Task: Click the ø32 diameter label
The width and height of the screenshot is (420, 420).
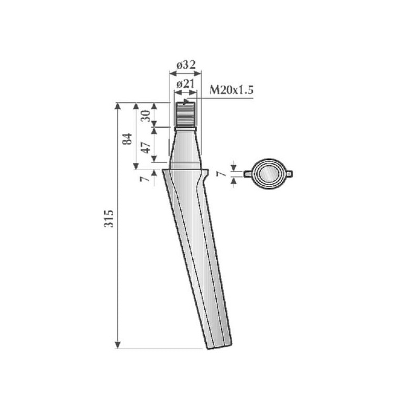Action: (186, 65)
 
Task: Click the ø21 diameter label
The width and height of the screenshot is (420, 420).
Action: (185, 85)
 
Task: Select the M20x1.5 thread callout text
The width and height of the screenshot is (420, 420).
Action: (231, 90)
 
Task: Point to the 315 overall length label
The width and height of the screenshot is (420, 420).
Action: (109, 218)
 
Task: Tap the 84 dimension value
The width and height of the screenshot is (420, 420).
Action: (128, 139)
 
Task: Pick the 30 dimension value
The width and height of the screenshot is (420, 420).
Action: (146, 116)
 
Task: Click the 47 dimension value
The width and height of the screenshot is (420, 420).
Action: (146, 148)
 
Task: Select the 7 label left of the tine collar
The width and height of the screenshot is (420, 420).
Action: (144, 178)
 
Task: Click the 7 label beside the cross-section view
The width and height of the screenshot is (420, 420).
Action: (222, 174)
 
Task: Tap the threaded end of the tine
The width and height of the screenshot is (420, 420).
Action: (185, 114)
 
